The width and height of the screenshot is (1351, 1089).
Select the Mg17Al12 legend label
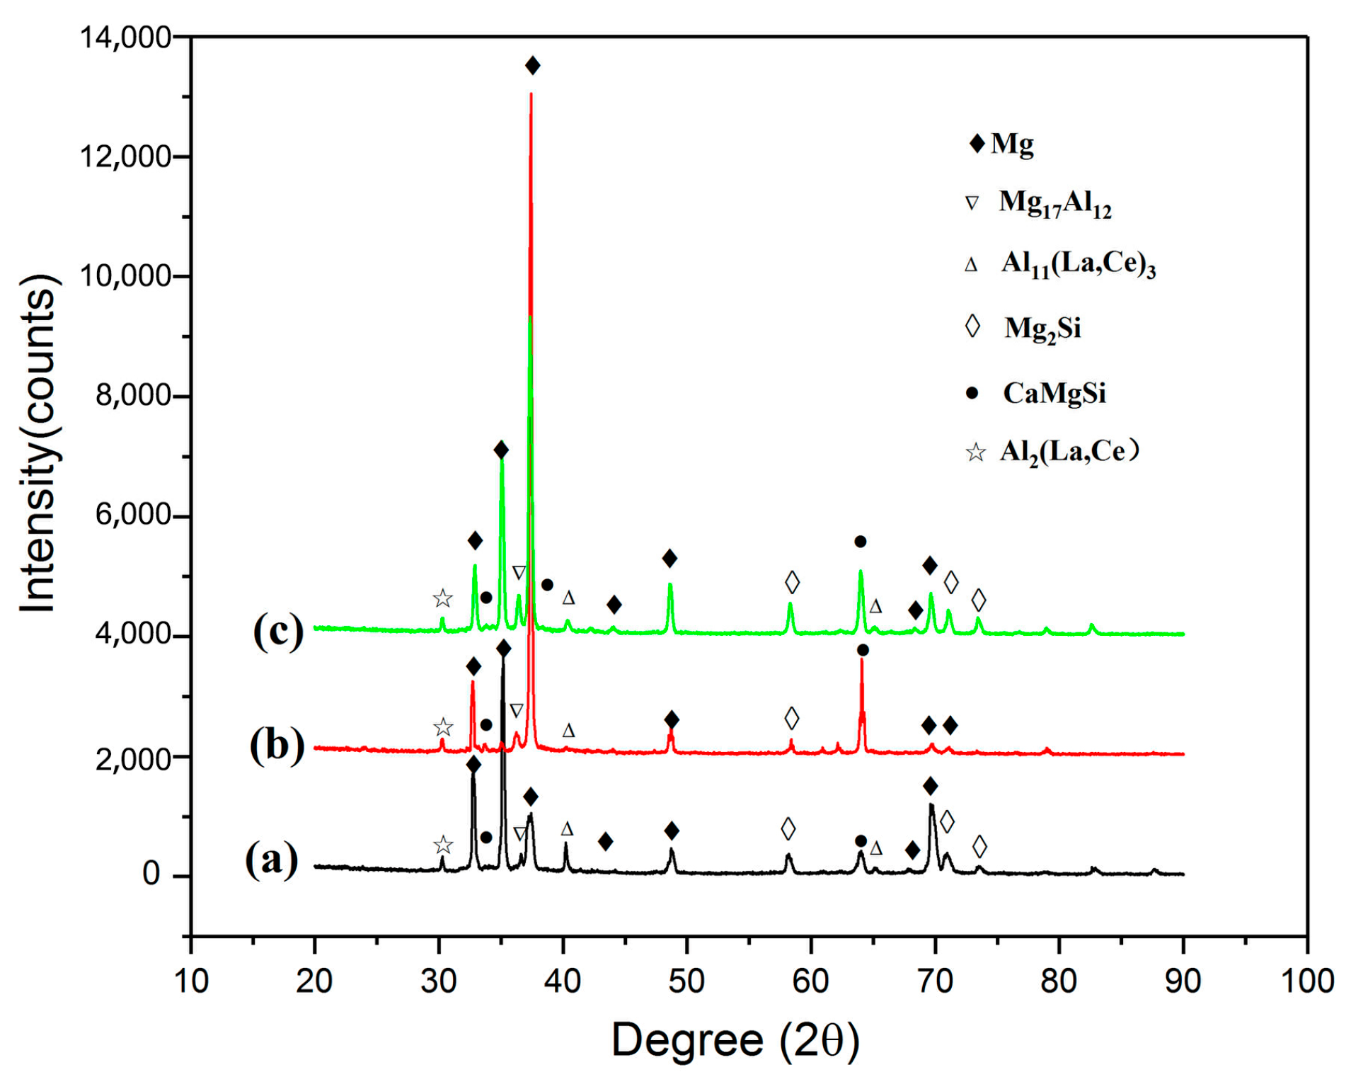coord(1054,203)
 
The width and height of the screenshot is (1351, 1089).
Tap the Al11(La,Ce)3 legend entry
coord(1077,265)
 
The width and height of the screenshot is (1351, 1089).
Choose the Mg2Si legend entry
coord(1042,328)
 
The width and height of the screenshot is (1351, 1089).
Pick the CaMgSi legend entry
coord(1053,393)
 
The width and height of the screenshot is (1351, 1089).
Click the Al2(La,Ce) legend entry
coord(1068,452)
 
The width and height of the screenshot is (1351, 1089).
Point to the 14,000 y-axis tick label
coord(125,37)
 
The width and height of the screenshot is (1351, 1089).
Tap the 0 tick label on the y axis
coord(151,875)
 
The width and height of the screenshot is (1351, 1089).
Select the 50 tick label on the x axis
coord(686,981)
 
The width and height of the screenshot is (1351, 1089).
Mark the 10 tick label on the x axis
coord(191,981)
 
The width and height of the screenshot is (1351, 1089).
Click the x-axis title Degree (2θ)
coord(735,1041)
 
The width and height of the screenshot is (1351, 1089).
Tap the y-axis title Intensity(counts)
coord(39,443)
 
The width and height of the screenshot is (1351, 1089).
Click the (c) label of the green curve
coord(278,630)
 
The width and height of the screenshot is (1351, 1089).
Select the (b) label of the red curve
coord(277,746)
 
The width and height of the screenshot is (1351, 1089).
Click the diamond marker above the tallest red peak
coord(533,66)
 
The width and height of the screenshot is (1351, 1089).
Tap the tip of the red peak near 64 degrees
coord(861,660)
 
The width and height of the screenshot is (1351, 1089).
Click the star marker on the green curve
coord(442,599)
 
